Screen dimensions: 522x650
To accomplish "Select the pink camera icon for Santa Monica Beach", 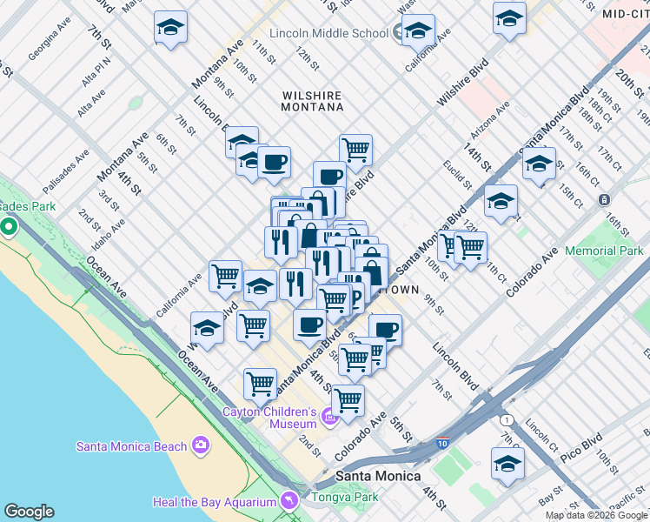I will (202, 446).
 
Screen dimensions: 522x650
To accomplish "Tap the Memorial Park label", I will (603, 251).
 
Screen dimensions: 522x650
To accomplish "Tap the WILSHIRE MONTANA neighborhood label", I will (313, 100).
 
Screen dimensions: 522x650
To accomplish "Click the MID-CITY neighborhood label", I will (625, 14).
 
